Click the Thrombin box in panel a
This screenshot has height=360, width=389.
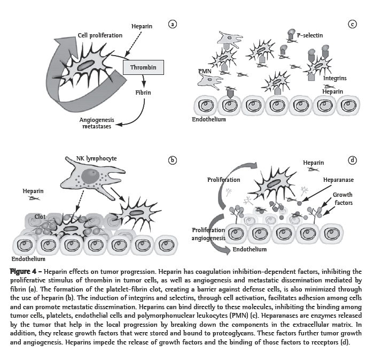(x=143, y=67)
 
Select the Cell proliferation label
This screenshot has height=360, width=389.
(x=100, y=35)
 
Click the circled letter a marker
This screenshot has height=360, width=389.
(x=172, y=24)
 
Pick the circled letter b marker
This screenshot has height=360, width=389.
(x=172, y=160)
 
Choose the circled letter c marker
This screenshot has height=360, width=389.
(x=352, y=24)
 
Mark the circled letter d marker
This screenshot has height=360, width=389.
(x=352, y=160)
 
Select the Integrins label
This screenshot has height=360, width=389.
(x=335, y=78)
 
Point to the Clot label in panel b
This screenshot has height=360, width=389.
(x=40, y=217)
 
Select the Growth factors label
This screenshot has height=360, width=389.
(x=343, y=199)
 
